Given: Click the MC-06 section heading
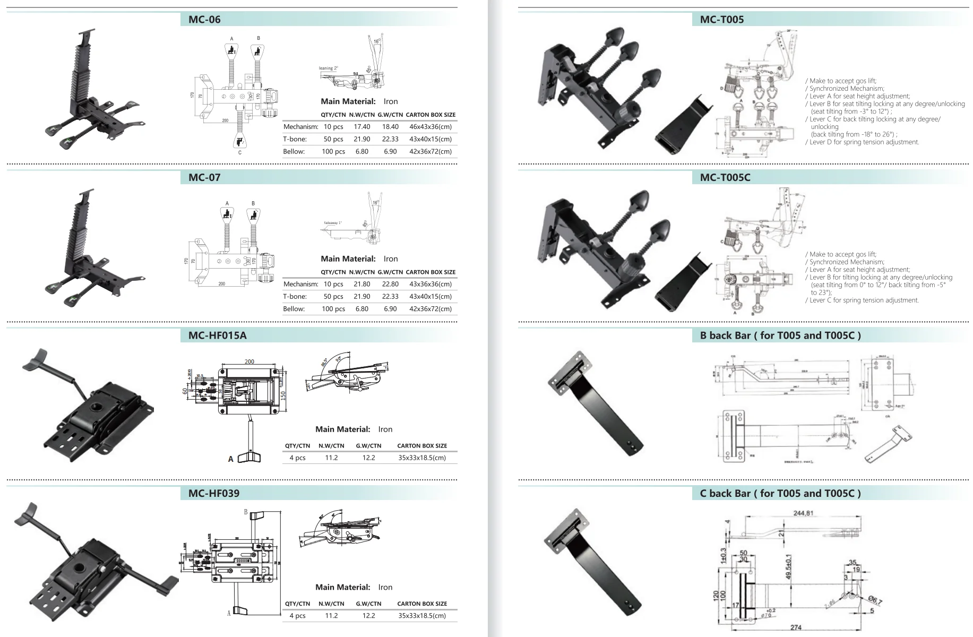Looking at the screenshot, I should click(x=204, y=20).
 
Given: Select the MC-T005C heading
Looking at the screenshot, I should click(x=725, y=177).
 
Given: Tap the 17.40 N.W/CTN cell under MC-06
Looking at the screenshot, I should click(x=361, y=127).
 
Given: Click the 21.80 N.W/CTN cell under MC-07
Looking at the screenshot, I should click(x=361, y=284).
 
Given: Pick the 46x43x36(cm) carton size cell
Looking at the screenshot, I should click(x=430, y=127).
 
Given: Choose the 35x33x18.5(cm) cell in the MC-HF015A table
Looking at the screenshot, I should click(x=421, y=458).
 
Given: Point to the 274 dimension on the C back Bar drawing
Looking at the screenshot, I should click(x=796, y=627).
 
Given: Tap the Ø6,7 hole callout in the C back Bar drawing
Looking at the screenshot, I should click(x=875, y=601).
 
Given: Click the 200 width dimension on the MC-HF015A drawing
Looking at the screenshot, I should click(x=249, y=361).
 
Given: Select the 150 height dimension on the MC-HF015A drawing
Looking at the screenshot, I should click(x=283, y=395).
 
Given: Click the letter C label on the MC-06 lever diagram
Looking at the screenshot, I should click(x=240, y=153).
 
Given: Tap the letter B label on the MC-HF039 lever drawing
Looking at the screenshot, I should click(x=246, y=512).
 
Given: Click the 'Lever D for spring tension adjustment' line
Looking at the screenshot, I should click(x=864, y=142).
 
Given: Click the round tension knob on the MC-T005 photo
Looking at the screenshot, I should click(x=626, y=114).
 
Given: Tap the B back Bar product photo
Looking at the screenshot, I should click(x=596, y=403).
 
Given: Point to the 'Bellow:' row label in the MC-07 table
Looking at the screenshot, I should click(x=294, y=309).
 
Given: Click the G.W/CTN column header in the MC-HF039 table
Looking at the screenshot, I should click(x=368, y=604).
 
